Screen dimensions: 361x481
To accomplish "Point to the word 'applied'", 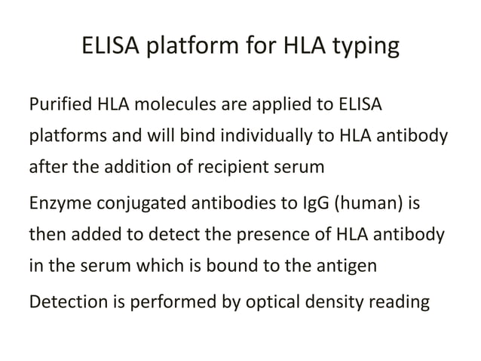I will (283, 103).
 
